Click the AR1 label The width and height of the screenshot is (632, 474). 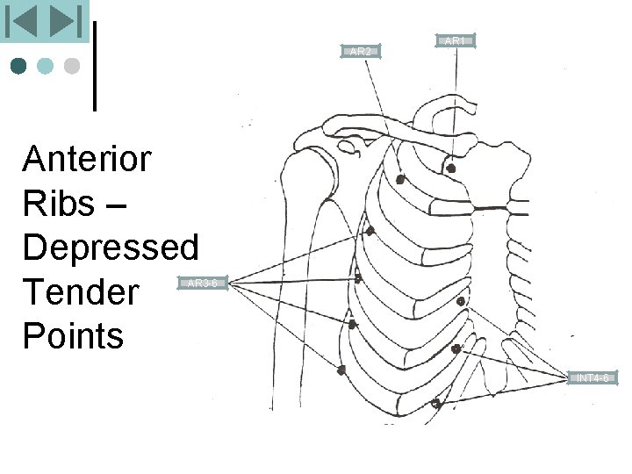[x=456, y=40]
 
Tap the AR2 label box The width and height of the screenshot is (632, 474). [x=360, y=51]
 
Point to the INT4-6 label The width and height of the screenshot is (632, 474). [x=592, y=378]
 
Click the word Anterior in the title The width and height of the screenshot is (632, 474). [x=87, y=160]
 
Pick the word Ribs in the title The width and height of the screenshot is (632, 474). [x=58, y=204]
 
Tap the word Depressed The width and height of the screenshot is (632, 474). [x=111, y=248]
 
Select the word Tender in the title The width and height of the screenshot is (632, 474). [x=81, y=291]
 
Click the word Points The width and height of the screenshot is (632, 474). [x=74, y=335]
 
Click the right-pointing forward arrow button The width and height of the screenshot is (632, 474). [x=64, y=21]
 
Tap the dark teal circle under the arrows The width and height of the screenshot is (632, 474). [x=18, y=66]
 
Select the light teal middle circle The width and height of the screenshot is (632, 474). [x=45, y=66]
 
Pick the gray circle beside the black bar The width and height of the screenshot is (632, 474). [x=72, y=66]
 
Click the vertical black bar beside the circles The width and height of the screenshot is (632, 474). [x=94, y=66]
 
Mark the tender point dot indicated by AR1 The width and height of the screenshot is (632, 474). [x=451, y=168]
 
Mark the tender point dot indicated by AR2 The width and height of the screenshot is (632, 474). [x=400, y=179]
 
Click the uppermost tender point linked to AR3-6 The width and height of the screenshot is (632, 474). [x=370, y=231]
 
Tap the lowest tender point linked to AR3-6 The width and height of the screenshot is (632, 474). [x=341, y=370]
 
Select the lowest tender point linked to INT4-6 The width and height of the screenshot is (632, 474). [x=435, y=404]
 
